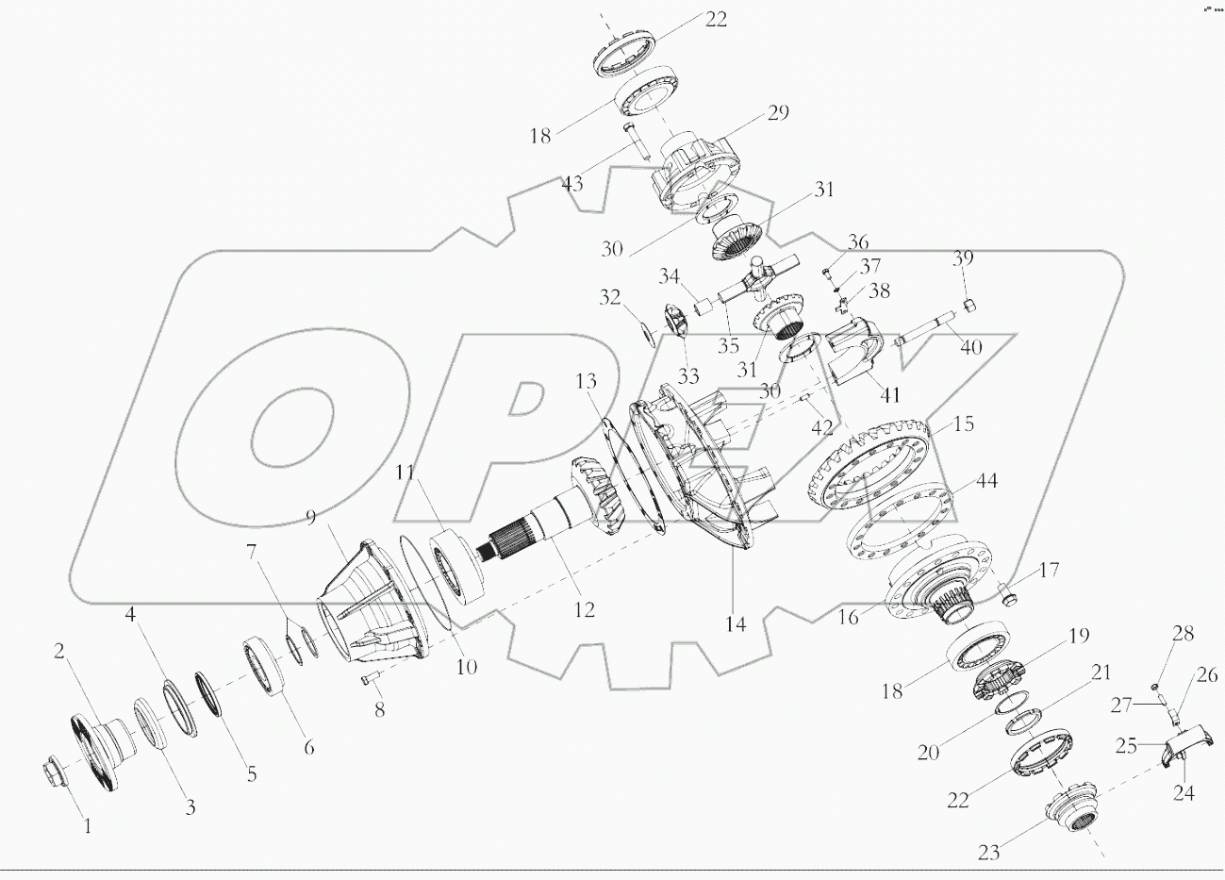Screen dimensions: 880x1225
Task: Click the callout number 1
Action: (x=88, y=826)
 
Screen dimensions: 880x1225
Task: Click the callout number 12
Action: (x=585, y=610)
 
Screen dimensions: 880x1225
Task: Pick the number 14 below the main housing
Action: (x=736, y=623)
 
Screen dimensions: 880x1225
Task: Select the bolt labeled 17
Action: (x=1006, y=594)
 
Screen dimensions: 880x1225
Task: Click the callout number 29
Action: (x=777, y=113)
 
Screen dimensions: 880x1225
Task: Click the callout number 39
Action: (x=962, y=258)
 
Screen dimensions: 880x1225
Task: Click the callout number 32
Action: (x=610, y=299)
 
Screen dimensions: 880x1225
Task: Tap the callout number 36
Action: (x=856, y=242)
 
